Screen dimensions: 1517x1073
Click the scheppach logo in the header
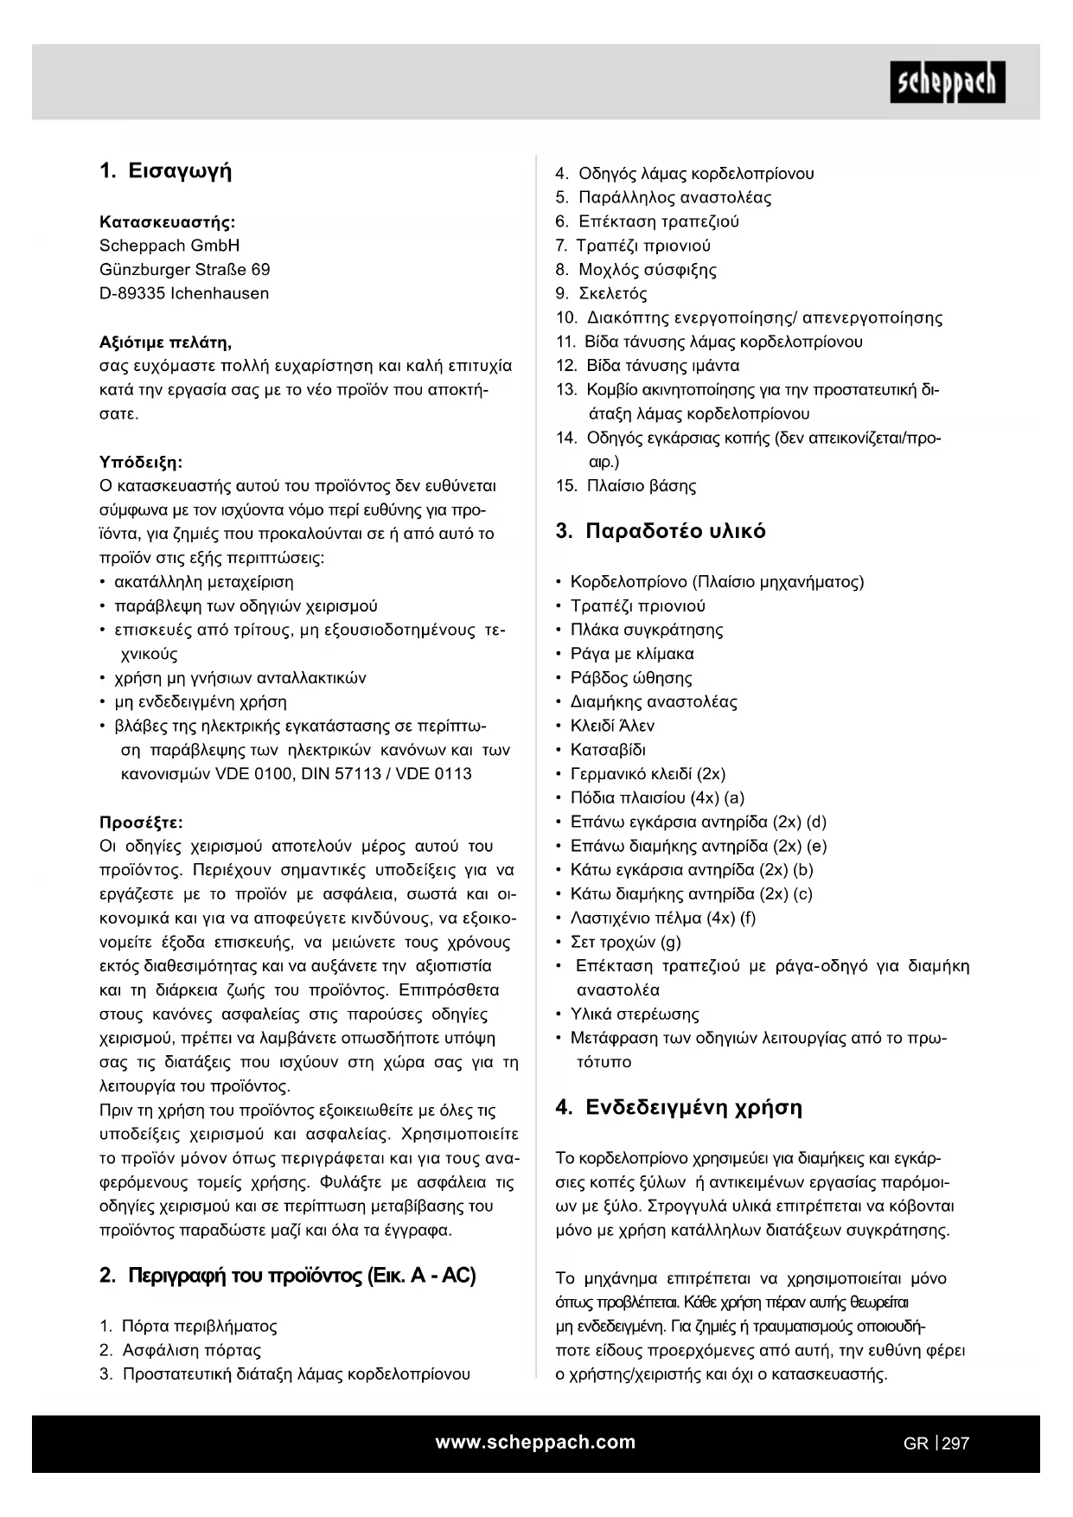[948, 82]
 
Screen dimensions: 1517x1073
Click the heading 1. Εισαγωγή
[166, 171]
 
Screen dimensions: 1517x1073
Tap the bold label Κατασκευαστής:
[168, 221]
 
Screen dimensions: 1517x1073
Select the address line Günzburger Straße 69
[185, 270]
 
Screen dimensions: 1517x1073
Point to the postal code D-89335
[132, 294]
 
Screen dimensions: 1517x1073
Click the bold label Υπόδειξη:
[141, 462]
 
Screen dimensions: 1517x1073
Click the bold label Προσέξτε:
[141, 823]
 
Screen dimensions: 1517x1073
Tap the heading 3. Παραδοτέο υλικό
[661, 531]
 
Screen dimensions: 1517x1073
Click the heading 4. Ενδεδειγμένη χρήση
[679, 1108]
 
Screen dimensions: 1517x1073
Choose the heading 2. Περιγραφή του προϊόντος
[288, 1276]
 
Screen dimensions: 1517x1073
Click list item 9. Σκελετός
[602, 294]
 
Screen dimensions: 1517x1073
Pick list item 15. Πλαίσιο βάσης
[626, 486]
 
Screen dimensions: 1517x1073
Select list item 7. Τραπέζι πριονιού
[633, 246]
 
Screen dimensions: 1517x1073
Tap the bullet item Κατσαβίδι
[608, 750]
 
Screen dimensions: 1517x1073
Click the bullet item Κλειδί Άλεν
[612, 726]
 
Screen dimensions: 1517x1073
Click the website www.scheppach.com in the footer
[535, 1442]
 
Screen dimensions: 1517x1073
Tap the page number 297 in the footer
[956, 1443]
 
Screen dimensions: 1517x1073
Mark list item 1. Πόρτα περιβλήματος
[188, 1326]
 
